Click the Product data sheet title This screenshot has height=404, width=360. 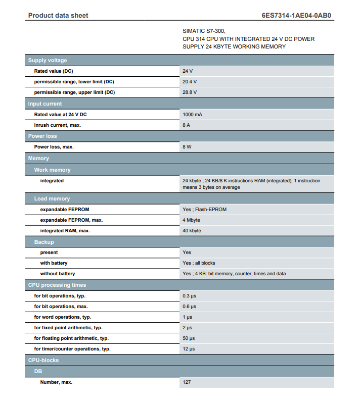coord(58,16)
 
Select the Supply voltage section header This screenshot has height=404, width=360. coord(48,61)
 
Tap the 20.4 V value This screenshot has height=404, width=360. coord(190,82)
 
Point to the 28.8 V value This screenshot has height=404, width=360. coord(190,92)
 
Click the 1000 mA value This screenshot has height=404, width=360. coord(192,115)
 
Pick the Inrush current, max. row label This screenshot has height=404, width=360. coord(58,125)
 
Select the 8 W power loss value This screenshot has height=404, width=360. coord(187,147)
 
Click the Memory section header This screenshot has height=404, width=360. coord(38,159)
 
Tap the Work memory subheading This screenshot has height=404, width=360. coord(53,170)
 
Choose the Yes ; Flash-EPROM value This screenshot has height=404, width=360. coord(204,210)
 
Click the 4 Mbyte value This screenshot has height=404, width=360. coord(191,220)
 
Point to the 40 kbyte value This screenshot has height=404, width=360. coord(192,231)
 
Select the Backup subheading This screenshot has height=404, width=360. coord(44,242)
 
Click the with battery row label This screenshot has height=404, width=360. coord(54,263)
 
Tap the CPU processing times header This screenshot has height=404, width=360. coord(57,285)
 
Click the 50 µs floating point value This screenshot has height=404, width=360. coord(189,338)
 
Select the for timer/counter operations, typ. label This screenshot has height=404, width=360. coord(72,349)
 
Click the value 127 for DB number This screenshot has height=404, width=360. coord(187,382)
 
